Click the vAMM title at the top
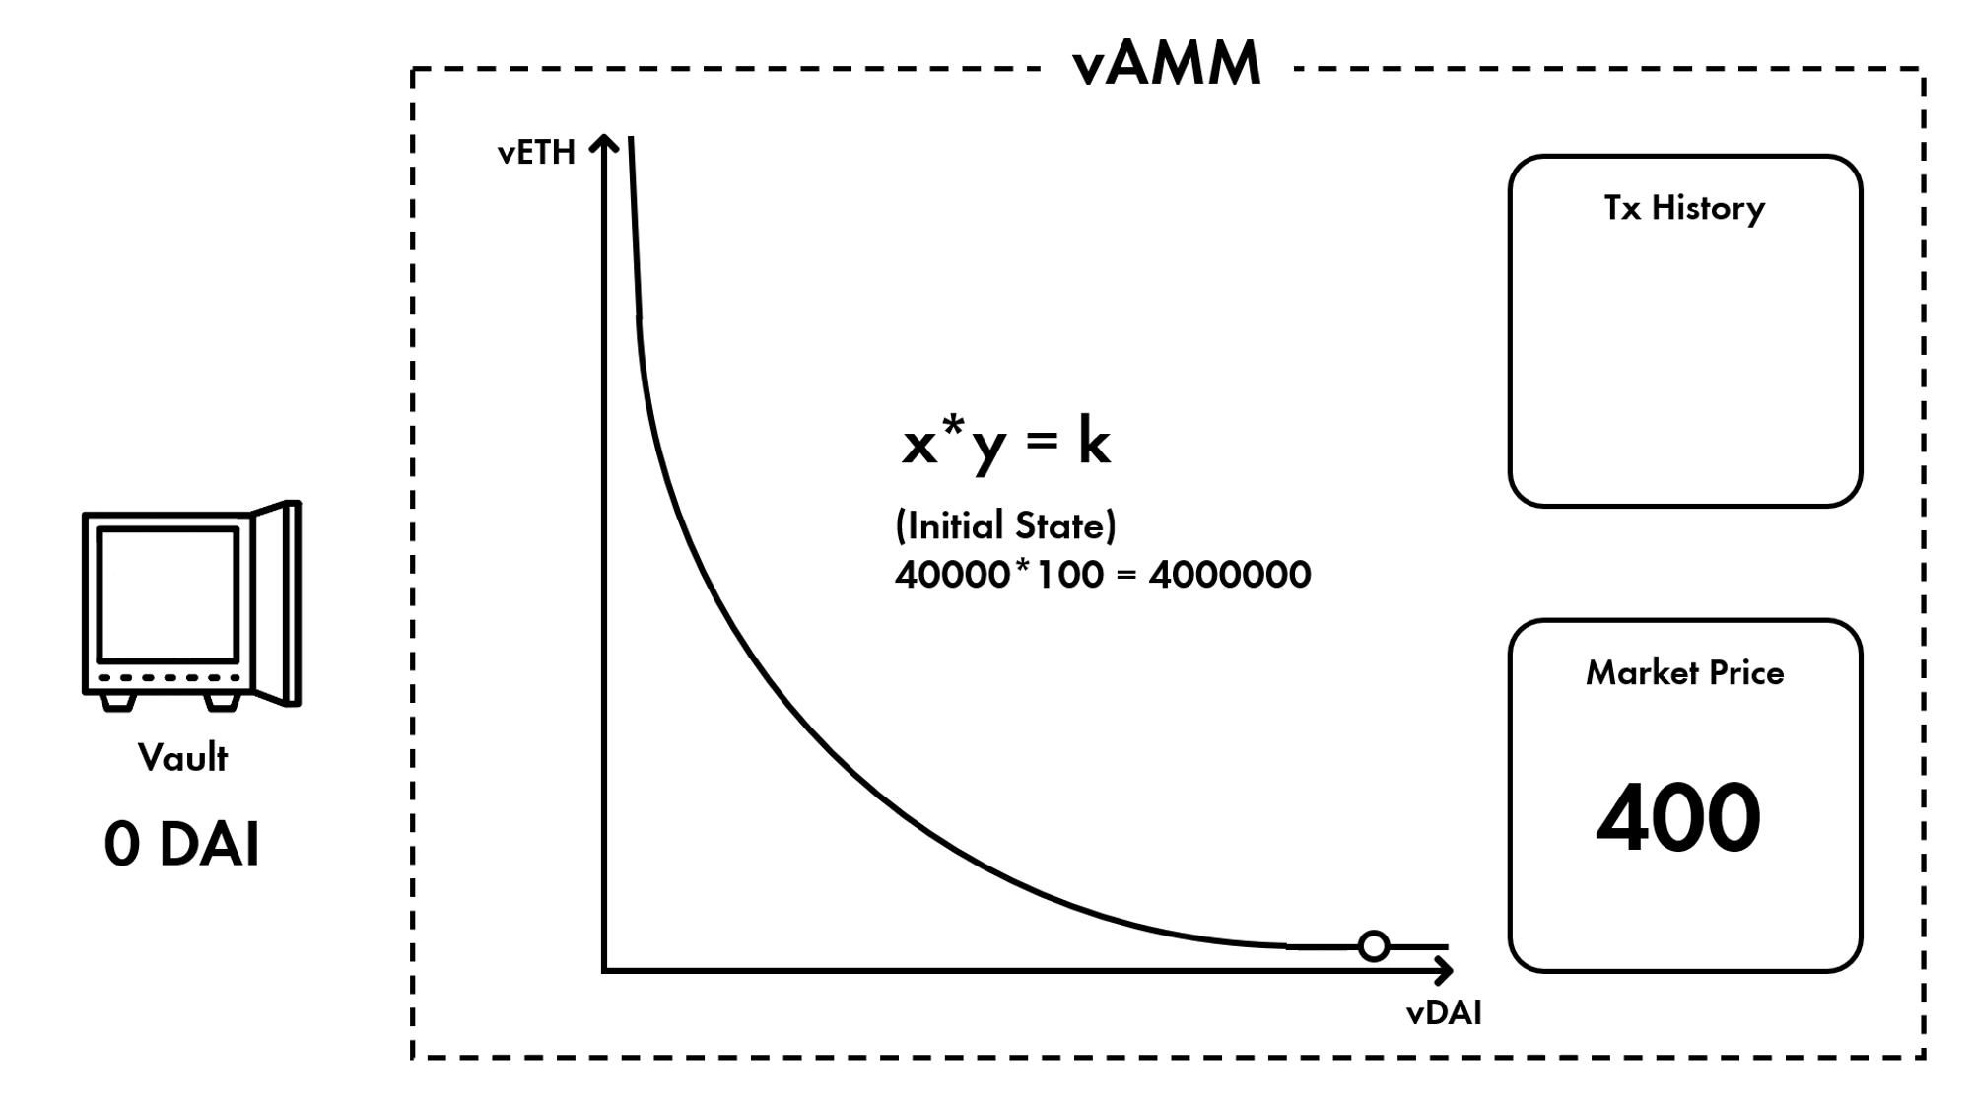[1166, 65]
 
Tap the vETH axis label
[536, 153]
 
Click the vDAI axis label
[1444, 1013]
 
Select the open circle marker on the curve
[1373, 946]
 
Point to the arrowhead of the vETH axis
[604, 144]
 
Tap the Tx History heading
[1684, 208]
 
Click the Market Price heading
[1684, 673]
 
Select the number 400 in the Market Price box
[1678, 818]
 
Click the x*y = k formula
[1006, 443]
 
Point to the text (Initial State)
[1005, 525]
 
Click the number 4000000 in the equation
[1230, 575]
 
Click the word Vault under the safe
[183, 758]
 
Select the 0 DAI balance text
[182, 845]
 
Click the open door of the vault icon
[279, 603]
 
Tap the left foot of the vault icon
[118, 702]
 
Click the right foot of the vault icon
[222, 702]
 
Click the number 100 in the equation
[1070, 575]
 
